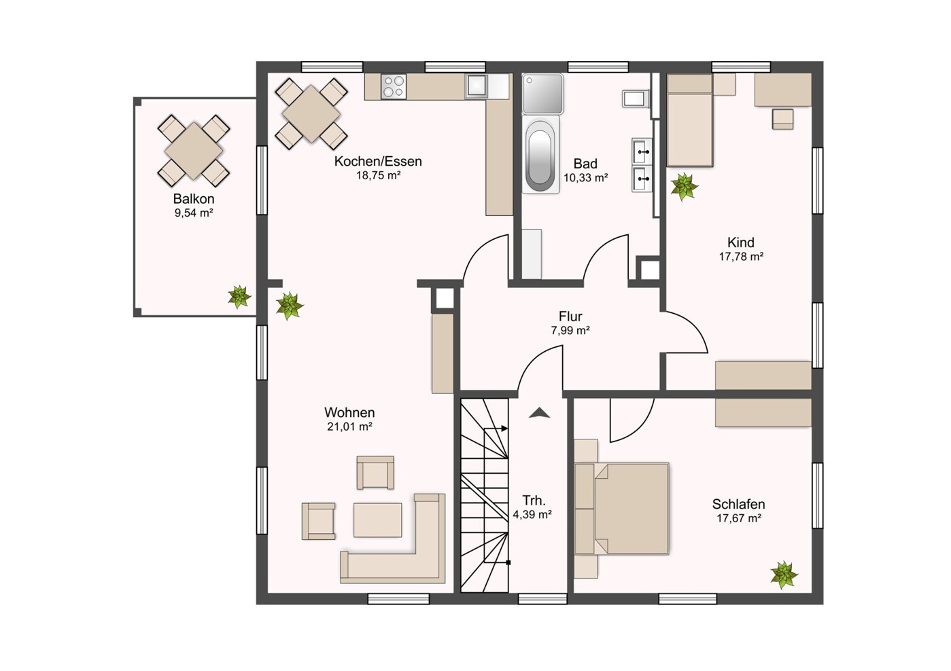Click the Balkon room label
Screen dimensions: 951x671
point(194,199)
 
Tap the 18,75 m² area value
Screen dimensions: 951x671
point(378,175)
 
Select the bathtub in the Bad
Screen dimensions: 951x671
point(540,156)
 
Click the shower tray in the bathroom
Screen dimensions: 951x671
point(542,94)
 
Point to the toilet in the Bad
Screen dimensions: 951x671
point(636,98)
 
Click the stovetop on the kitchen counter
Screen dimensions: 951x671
point(394,86)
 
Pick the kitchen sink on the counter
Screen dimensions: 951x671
point(477,86)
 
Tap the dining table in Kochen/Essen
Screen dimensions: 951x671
point(311,113)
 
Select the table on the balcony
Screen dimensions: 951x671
point(194,151)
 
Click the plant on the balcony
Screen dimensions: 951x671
point(239,297)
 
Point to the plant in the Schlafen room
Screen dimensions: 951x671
point(784,575)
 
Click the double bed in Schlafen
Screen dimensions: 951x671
point(622,509)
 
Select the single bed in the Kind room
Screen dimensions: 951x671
point(689,120)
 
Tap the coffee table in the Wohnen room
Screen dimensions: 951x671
point(377,520)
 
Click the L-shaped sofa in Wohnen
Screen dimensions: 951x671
point(393,539)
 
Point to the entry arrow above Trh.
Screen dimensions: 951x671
point(539,412)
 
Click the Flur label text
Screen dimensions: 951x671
point(570,316)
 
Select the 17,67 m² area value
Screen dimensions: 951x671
point(739,518)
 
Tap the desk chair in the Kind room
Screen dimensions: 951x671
point(782,119)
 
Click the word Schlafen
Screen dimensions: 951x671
point(739,504)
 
